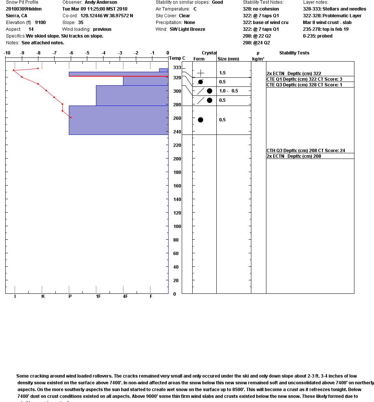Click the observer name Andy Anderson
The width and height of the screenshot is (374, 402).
click(101, 2)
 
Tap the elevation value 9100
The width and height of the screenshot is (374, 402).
click(40, 23)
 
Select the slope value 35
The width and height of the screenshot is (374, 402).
click(81, 23)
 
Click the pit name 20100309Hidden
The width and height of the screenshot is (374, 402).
click(24, 9)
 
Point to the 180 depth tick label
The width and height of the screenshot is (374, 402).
click(177, 172)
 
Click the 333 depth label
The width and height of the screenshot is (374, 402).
click(177, 68)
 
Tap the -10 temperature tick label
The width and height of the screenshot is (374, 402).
click(7, 53)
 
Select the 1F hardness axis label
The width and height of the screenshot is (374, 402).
click(98, 296)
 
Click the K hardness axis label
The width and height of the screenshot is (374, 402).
click(43, 296)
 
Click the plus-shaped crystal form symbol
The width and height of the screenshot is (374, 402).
click(201, 73)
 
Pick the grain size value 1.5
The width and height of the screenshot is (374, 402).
click(222, 73)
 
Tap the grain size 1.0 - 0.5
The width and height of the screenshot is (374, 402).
click(229, 91)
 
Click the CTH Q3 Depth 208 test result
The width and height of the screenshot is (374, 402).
click(306, 151)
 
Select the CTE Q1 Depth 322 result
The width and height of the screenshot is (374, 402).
click(304, 79)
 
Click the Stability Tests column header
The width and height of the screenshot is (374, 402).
click(294, 53)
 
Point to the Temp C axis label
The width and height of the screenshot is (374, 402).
click(177, 58)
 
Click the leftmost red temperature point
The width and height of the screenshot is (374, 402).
click(14, 70)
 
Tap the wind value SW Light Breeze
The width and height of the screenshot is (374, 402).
click(187, 29)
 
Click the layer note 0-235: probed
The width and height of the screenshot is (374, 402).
click(318, 36)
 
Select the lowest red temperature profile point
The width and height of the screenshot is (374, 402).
click(70, 118)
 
